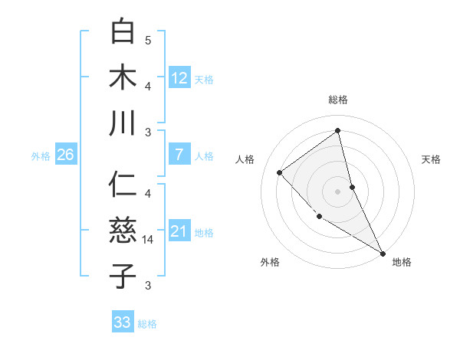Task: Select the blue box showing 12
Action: (179, 77)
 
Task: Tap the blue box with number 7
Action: (179, 155)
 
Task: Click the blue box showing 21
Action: (179, 231)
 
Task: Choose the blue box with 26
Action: (65, 155)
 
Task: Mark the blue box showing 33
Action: (123, 322)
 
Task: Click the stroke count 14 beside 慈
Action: (148, 240)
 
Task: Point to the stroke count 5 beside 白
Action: (148, 41)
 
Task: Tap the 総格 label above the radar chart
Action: (338, 100)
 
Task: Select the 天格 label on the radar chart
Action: (432, 159)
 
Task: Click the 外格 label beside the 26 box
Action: (41, 156)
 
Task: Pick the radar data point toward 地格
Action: (383, 253)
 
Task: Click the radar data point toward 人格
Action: (280, 172)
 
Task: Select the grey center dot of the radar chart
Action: (338, 191)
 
